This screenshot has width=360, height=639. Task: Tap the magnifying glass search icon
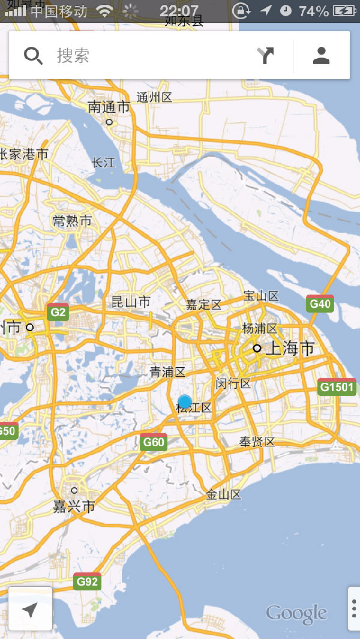point(33,56)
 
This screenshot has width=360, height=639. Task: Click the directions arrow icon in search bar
point(265,56)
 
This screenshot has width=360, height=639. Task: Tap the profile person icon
point(321,56)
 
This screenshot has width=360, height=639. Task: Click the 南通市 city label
point(109,107)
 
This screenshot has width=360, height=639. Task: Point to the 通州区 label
point(154,97)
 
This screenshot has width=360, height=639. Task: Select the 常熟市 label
point(72,221)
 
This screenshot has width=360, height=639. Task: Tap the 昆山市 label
point(131,302)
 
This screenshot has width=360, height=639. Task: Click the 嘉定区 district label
point(203,305)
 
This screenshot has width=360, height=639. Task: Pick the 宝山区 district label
point(262,296)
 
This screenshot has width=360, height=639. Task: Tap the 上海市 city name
point(290,348)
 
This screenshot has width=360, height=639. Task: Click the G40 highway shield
point(319,304)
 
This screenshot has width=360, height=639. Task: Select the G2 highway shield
point(58,312)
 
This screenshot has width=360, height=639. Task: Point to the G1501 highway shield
point(337,386)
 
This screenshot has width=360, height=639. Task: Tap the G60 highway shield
point(153,442)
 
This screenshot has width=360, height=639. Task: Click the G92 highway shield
point(88,581)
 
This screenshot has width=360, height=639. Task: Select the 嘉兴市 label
point(74,506)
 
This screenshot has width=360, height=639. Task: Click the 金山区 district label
point(223,495)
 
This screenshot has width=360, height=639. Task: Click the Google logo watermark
point(296,614)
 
